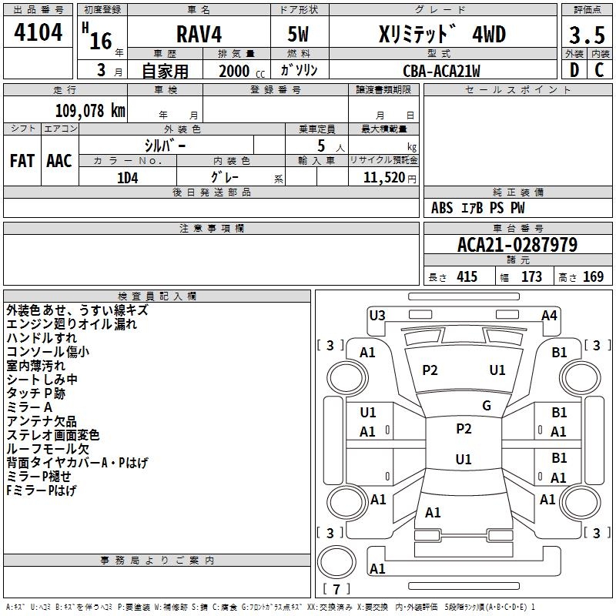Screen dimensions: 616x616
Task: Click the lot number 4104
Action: coord(38,35)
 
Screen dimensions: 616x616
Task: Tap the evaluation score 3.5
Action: coord(586,36)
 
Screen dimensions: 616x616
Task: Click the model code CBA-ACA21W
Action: coord(441,71)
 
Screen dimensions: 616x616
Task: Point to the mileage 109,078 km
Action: coord(89,110)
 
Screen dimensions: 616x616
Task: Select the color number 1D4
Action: coord(127,176)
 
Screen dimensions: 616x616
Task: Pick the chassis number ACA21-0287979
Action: coord(517,245)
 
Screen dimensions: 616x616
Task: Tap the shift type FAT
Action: coord(22,161)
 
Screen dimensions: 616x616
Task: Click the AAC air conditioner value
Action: coord(59,161)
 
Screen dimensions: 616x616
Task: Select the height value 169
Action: coord(593,277)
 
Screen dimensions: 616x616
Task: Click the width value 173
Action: coord(532,277)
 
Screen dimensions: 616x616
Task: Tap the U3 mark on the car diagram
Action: coord(377,314)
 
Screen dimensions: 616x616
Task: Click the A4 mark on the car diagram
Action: coord(549,315)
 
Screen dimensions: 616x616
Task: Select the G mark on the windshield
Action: coord(487,406)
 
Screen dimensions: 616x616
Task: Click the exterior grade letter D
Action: coord(574,70)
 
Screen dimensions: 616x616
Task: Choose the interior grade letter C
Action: coord(599,70)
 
